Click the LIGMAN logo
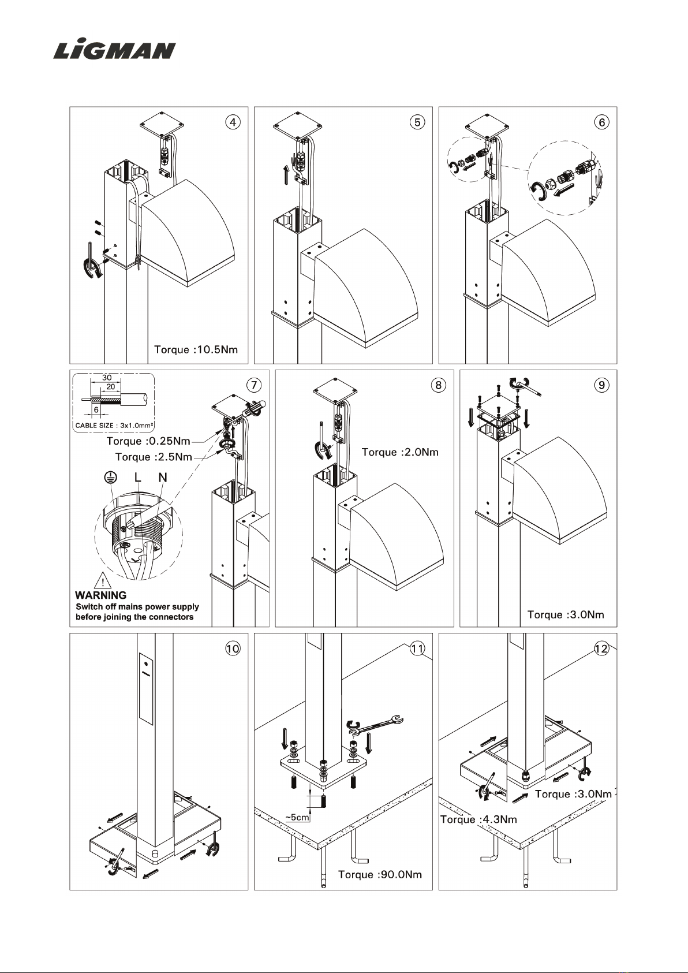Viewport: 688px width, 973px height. [x=115, y=50]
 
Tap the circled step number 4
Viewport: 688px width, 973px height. [x=233, y=122]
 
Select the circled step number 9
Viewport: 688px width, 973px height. [x=601, y=385]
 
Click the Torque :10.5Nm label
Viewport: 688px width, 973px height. [x=196, y=350]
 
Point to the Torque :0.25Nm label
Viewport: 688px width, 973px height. [x=148, y=441]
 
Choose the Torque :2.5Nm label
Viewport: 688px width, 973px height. [x=154, y=457]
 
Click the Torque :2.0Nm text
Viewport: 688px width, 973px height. [x=400, y=452]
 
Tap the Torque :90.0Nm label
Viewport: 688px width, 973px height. [x=380, y=874]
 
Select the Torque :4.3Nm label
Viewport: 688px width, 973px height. [x=479, y=819]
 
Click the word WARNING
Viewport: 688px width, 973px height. [x=100, y=595]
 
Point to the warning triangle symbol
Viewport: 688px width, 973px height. [x=102, y=580]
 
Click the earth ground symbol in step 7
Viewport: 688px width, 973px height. [x=111, y=478]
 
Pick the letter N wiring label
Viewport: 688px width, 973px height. [x=163, y=478]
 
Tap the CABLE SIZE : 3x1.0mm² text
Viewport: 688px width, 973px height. [x=115, y=425]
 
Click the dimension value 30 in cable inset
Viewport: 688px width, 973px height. [x=107, y=378]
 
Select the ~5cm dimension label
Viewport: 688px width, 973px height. [x=297, y=817]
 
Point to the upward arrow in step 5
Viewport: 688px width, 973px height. [x=286, y=174]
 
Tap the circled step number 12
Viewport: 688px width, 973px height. [x=601, y=649]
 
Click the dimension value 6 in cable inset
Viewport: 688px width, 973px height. [x=96, y=409]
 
